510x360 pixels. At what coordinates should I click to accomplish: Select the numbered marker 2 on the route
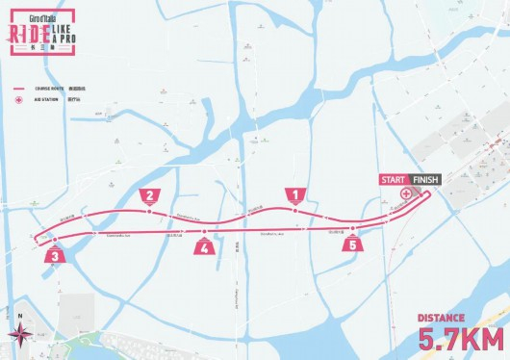(x=149, y=196)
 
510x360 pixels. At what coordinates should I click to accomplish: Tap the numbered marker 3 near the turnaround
(x=56, y=255)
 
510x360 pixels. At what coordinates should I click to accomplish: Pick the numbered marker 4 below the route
(x=204, y=246)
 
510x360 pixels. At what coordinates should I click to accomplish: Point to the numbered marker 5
(x=354, y=244)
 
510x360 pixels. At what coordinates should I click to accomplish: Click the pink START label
(x=393, y=180)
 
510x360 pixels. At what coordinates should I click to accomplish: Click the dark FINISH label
(x=424, y=180)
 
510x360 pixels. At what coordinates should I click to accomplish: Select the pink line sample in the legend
(x=18, y=88)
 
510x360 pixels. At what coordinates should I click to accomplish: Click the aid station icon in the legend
(x=18, y=99)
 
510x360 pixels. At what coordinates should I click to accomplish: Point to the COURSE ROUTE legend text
(x=53, y=88)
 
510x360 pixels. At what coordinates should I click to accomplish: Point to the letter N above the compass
(x=19, y=314)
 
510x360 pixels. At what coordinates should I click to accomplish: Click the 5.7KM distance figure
(x=460, y=339)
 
